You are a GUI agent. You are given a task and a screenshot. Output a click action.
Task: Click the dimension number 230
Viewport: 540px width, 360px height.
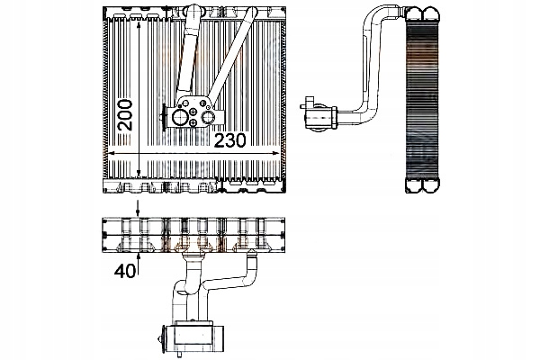coord(238,142)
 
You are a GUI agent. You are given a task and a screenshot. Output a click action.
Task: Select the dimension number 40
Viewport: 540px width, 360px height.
coord(126,268)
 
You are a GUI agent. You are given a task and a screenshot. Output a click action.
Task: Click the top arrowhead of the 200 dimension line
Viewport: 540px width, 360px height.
coord(138,20)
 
